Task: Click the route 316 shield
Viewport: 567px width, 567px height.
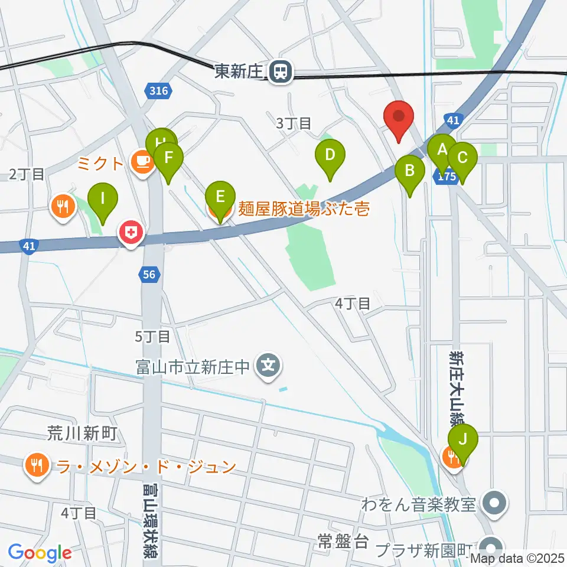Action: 158,90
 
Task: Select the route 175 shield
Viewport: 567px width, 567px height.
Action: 447,176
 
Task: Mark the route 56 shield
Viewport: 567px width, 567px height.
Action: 149,273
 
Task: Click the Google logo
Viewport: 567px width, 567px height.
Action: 40,553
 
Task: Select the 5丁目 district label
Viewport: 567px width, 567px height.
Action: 152,337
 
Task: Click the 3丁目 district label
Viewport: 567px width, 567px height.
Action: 294,123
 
